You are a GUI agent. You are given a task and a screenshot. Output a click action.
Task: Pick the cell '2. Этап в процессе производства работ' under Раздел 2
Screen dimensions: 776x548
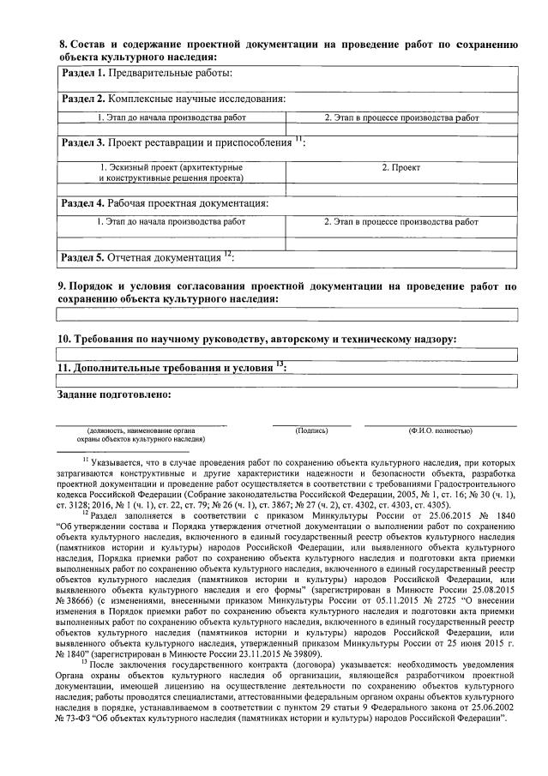[x=401, y=117]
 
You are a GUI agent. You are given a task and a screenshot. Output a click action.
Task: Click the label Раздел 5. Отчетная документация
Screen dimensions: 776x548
[x=146, y=256]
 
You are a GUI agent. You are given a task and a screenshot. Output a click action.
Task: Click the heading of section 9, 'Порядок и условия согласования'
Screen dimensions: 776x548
[x=287, y=292]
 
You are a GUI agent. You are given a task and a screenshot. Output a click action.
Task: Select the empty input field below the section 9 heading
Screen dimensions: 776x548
[x=287, y=314]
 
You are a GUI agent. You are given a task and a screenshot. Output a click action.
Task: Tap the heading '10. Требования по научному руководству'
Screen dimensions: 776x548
[x=256, y=339]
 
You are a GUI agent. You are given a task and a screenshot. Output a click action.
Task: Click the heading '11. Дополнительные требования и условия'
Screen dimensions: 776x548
[x=172, y=367]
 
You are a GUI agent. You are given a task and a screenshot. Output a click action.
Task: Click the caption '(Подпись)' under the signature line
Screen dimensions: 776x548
[x=311, y=430]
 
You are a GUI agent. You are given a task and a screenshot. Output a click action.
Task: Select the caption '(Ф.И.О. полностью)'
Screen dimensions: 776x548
[x=440, y=430]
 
